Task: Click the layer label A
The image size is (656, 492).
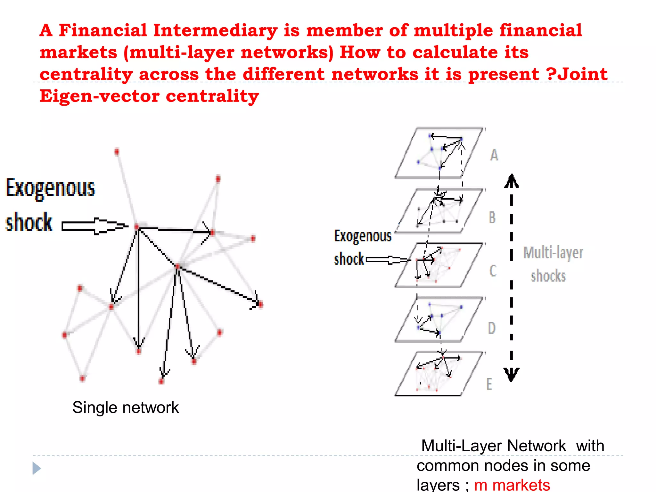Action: (494, 155)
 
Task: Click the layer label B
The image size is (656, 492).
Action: (492, 217)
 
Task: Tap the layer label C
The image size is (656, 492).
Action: (493, 271)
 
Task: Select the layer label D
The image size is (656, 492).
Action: (492, 328)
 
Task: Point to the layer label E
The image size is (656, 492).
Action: (489, 384)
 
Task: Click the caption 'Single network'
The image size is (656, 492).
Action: (125, 408)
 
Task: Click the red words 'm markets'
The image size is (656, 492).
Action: (512, 485)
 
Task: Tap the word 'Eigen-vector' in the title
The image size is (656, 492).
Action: (99, 96)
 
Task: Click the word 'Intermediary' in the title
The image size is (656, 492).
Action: (215, 31)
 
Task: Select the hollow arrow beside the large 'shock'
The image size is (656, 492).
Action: (94, 226)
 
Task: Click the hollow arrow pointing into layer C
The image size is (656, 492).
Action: (388, 260)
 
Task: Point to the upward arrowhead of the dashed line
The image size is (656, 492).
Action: (512, 181)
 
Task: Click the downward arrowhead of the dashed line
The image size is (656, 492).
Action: (511, 374)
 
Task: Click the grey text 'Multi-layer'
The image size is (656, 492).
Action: (553, 253)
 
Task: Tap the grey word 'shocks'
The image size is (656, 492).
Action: (548, 276)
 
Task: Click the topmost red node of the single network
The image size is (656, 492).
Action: (117, 151)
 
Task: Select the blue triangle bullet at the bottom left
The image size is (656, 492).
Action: (37, 468)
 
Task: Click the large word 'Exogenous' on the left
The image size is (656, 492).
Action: (51, 188)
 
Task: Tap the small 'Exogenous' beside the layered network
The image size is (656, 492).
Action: (363, 236)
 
